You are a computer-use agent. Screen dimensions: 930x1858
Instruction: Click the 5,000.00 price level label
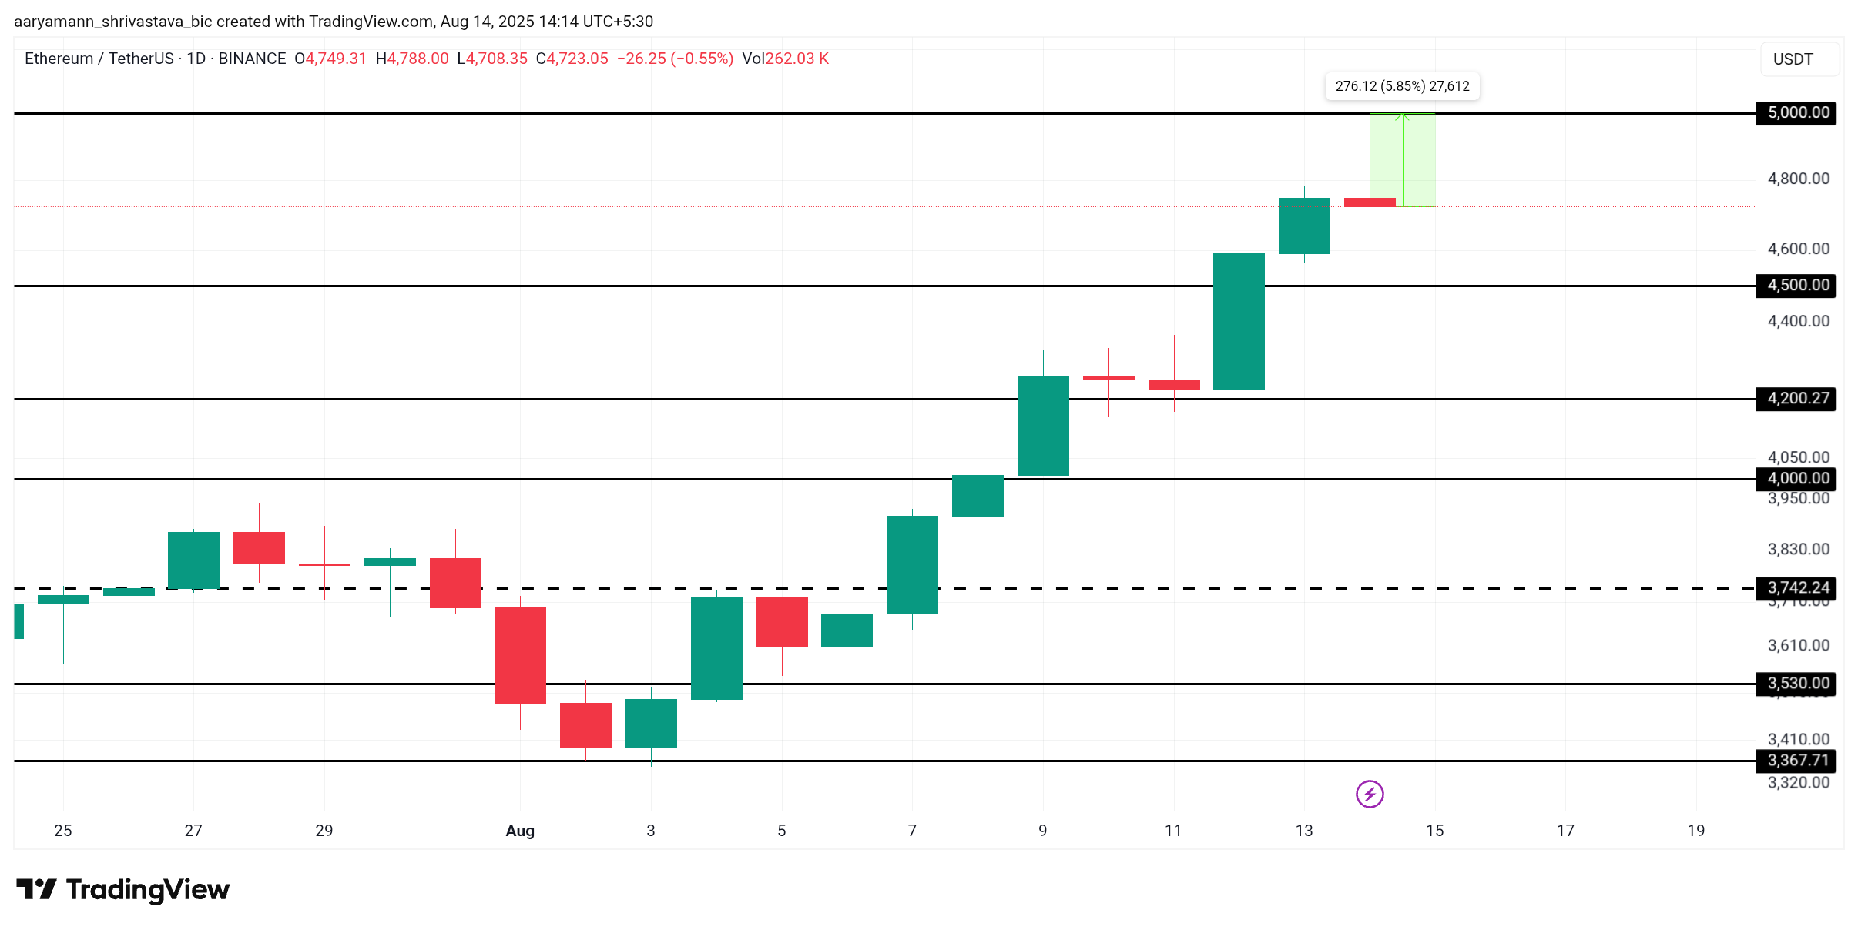[1797, 113]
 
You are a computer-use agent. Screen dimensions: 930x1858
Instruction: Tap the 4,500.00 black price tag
[1797, 286]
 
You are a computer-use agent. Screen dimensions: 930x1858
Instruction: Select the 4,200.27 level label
[1797, 399]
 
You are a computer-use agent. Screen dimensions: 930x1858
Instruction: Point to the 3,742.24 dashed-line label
[1797, 588]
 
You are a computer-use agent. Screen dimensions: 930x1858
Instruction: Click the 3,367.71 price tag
[1797, 761]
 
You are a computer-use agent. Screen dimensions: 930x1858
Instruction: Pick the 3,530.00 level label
[1797, 684]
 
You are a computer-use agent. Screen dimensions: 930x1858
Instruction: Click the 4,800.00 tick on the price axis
[1798, 179]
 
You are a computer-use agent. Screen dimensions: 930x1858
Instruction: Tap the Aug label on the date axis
[520, 831]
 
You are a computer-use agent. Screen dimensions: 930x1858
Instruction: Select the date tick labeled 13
[1303, 831]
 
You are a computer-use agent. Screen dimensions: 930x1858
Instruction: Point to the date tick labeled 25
[63, 831]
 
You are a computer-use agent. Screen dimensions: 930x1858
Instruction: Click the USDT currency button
[1793, 59]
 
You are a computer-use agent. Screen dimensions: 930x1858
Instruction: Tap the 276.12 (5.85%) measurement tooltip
[1402, 86]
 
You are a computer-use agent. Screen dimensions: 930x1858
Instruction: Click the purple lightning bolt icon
[1370, 794]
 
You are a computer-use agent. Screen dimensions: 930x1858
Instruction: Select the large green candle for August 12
[1239, 322]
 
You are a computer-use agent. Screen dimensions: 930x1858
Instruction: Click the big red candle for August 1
[520, 655]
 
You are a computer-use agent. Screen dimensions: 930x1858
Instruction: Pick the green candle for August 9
[1043, 425]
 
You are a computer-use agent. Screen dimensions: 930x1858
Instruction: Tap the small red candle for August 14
[1370, 202]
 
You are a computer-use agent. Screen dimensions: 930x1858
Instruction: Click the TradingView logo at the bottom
[123, 890]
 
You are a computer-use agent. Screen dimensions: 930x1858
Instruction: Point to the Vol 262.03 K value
[786, 59]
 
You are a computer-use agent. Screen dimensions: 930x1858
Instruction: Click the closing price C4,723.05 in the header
[572, 59]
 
